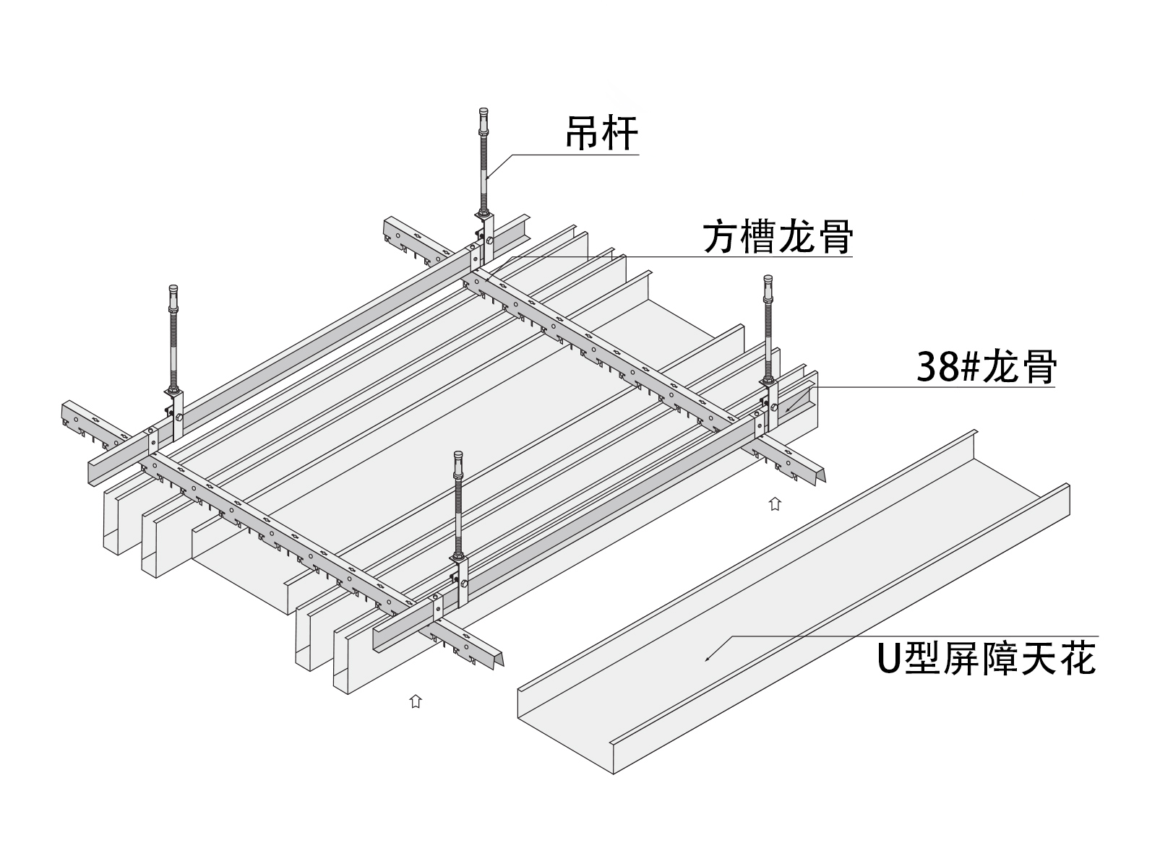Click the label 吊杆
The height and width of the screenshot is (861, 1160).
pyautogui.click(x=602, y=134)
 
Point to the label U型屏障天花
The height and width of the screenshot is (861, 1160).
pyautogui.click(x=987, y=659)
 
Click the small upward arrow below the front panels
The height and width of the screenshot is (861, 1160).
pyautogui.click(x=416, y=701)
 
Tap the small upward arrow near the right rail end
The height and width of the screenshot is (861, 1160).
pyautogui.click(x=775, y=504)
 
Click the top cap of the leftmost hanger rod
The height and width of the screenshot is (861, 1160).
pyautogui.click(x=173, y=290)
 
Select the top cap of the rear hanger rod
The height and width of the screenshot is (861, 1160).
pyautogui.click(x=484, y=113)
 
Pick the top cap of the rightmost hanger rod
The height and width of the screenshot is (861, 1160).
pyautogui.click(x=768, y=280)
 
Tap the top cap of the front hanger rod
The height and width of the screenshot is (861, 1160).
pyautogui.click(x=458, y=457)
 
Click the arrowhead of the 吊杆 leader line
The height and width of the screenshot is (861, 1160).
pyautogui.click(x=487, y=178)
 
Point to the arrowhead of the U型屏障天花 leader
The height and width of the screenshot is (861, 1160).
pyautogui.click(x=708, y=659)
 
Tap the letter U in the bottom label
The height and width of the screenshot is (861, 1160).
pyautogui.click(x=888, y=659)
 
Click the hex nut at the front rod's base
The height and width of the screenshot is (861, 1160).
pyautogui.click(x=458, y=559)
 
